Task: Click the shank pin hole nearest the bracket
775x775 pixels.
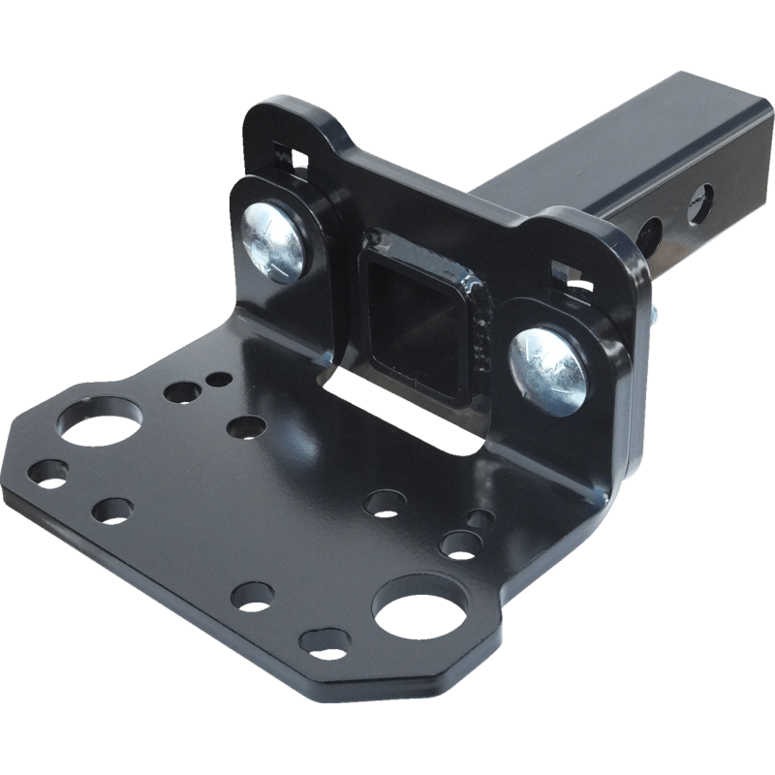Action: (x=651, y=232)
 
